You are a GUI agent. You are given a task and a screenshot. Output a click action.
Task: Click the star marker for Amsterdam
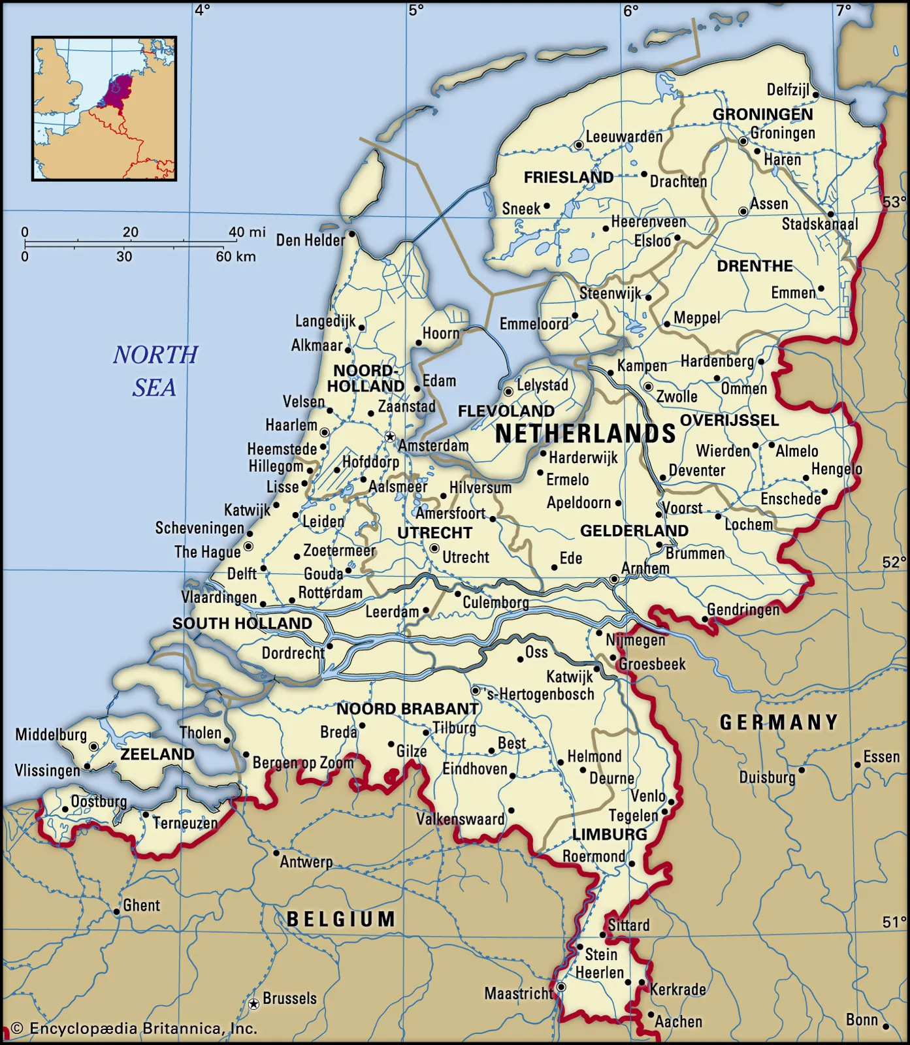[x=390, y=436]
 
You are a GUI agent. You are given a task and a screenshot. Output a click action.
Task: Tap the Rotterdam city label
[x=330, y=592]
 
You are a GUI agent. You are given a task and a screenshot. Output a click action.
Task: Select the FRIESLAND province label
[x=568, y=177]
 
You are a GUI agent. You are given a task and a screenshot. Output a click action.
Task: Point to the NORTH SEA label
[x=155, y=370]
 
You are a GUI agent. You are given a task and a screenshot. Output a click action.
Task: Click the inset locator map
[x=105, y=108]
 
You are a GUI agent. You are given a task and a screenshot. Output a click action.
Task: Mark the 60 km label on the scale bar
[x=236, y=257]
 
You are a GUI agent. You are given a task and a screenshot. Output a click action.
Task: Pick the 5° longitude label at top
[x=416, y=10]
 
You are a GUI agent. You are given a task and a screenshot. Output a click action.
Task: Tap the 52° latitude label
[x=894, y=562]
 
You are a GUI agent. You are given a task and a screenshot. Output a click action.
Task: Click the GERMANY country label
[x=779, y=722]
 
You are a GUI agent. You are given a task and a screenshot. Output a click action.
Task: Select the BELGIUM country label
[x=341, y=919]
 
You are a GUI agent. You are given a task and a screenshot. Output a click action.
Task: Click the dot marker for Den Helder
[x=351, y=234]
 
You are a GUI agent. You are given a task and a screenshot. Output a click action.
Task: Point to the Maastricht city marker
[x=561, y=987]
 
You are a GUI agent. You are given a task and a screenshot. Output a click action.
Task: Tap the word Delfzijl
[x=788, y=90]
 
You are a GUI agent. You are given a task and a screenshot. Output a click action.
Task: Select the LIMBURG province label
[x=609, y=834]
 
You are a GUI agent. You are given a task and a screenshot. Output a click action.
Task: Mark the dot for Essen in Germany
[x=858, y=765]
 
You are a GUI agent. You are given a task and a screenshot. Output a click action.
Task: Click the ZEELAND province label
[x=157, y=754]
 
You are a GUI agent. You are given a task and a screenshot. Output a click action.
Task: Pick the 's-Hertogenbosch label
[x=541, y=694]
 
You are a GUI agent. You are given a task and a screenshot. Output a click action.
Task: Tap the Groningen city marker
[x=743, y=141]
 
